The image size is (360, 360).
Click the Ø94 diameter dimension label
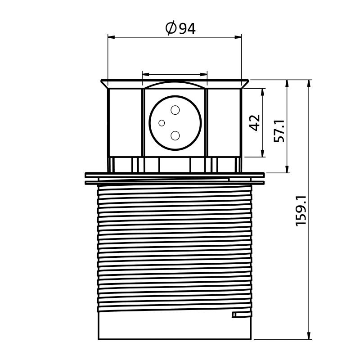180,28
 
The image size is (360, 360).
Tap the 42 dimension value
255,122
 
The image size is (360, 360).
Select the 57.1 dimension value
279,131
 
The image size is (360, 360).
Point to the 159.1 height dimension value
301,211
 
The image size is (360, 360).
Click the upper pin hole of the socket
175,110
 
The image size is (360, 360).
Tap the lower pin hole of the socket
175,136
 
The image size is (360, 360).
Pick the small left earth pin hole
162,123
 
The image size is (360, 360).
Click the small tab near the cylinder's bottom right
242,315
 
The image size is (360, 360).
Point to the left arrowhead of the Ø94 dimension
111,37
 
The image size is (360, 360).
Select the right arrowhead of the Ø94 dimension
238,37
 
